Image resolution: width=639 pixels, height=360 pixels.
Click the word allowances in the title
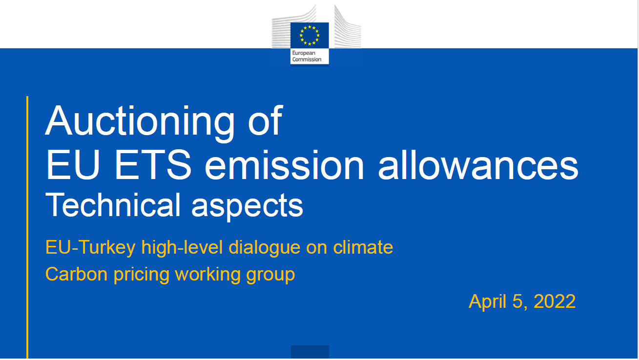pos(478,165)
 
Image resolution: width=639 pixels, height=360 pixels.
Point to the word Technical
pos(113,205)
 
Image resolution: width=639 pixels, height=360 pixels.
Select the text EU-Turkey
pos(90,247)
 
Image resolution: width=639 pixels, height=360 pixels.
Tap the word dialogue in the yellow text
pos(265,247)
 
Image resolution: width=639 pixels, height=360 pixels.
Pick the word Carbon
pos(77,274)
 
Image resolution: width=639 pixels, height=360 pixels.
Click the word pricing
pos(142,275)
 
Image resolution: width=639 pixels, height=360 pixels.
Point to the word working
pos(208,275)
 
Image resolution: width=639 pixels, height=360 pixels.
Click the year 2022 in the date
pos(555,301)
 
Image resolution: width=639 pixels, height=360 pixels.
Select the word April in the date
pos(488,302)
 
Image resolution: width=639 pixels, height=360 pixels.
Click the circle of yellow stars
pos(309,35)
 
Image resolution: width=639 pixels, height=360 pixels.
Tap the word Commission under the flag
pos(307,60)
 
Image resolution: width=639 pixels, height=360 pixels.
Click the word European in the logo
pos(304,53)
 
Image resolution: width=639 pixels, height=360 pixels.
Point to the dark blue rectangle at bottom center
pos(310,352)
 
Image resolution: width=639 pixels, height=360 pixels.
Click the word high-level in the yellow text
pos(182,247)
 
